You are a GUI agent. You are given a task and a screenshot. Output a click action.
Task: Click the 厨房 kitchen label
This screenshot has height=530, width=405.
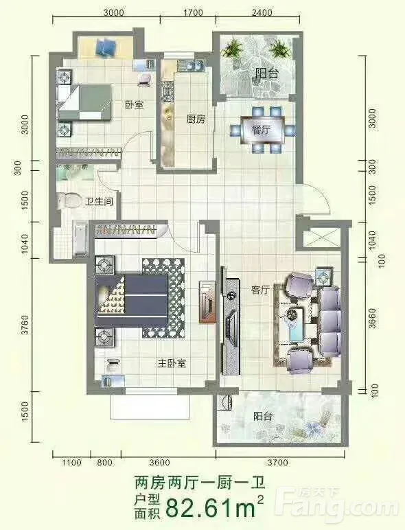point(196,119)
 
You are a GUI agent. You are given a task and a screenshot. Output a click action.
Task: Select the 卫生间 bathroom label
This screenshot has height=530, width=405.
point(99,202)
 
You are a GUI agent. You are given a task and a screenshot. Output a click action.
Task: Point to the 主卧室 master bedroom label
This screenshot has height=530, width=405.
point(172,364)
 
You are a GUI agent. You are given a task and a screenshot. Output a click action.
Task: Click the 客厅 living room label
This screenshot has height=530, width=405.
point(260,290)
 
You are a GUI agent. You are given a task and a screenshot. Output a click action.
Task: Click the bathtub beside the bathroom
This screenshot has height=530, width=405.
point(81,240)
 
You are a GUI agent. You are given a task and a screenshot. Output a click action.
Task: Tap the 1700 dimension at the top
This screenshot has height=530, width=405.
point(193,12)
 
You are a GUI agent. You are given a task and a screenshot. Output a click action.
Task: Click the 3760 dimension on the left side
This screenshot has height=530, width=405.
point(25,325)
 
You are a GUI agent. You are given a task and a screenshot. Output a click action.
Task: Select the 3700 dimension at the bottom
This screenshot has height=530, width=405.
point(277,462)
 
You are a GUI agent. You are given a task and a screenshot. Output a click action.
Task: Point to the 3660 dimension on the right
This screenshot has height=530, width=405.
point(372,318)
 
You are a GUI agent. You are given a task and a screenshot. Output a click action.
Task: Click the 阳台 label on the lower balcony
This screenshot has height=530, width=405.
point(263,416)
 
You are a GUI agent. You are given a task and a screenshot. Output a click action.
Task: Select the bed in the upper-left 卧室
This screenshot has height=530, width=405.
point(84,102)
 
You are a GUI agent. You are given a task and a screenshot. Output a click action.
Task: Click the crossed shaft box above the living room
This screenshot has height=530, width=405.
point(321,240)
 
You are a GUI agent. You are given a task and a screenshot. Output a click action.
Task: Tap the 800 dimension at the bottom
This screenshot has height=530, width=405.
point(104,462)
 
